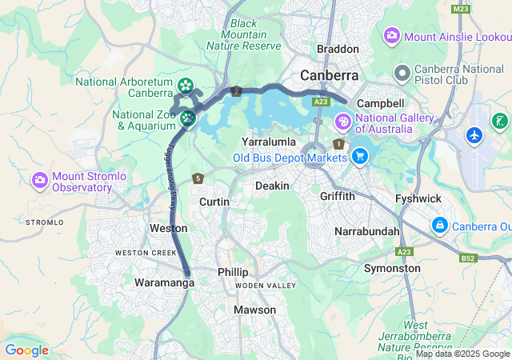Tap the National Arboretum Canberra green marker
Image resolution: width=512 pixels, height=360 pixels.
coord(186,85)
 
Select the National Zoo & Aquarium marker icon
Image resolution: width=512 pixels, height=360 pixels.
coord(188,119)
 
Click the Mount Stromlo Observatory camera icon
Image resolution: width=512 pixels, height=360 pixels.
coord(39,180)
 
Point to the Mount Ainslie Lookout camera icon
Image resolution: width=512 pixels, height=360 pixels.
coord(392,35)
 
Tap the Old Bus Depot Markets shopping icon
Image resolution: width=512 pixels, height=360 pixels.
coord(359,156)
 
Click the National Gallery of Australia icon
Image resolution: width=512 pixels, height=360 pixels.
coord(342,122)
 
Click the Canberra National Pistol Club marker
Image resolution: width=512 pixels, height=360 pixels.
coord(402,74)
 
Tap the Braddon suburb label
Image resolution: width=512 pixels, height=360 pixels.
coord(338,49)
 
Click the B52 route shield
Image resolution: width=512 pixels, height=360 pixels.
coord(468,258)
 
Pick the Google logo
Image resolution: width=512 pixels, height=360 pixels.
coord(26,350)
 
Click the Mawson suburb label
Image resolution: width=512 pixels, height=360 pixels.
coord(254,310)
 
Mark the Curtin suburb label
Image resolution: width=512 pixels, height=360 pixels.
coord(214,202)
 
